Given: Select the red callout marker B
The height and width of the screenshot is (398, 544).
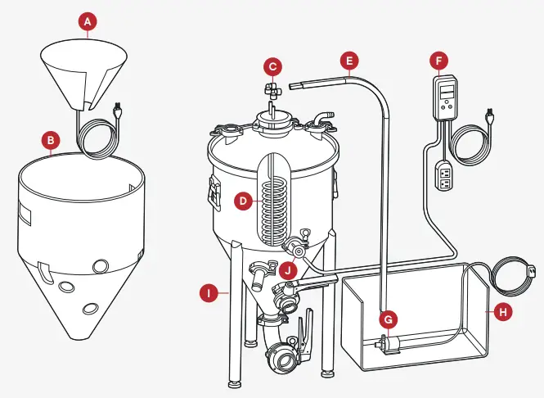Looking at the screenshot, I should [x=52, y=141].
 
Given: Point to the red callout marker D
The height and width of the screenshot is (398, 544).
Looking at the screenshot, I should [x=242, y=198].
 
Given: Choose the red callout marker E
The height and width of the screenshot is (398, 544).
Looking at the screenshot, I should [x=349, y=60].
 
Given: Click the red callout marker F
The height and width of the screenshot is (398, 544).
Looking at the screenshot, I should [x=440, y=60].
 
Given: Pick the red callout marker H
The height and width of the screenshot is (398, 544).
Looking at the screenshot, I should [x=501, y=311].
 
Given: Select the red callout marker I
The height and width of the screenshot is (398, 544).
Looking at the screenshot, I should [x=210, y=291].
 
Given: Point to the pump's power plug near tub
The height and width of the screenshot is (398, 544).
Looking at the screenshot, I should [x=533, y=270].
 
